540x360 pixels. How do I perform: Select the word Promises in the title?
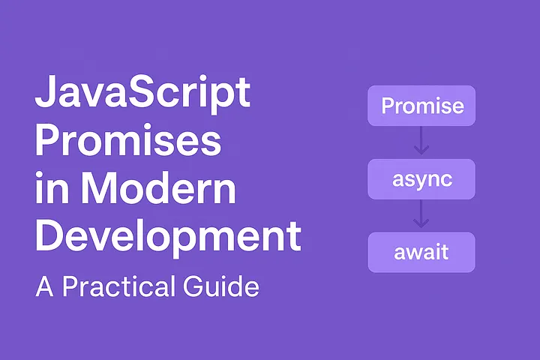coord(128,140)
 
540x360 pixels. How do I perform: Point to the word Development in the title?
coord(168,236)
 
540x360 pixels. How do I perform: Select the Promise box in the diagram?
coord(421,106)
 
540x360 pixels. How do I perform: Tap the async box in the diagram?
coord(421,179)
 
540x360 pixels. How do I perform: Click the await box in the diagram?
coord(421,252)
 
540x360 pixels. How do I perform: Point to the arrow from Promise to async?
coord(421,142)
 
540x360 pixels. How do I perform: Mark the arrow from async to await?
coord(421,215)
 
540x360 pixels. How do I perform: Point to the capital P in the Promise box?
coord(387,106)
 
